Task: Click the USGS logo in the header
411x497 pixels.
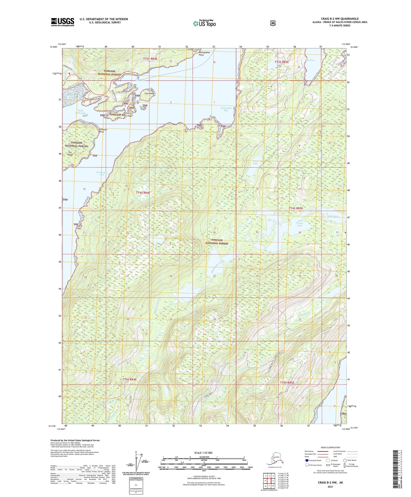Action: coord(62,22)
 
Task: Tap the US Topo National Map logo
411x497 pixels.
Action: coord(204,23)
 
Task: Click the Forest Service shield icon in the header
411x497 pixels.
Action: coord(272,23)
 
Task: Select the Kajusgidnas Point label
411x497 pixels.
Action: coord(205,54)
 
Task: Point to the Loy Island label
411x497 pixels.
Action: coord(149,93)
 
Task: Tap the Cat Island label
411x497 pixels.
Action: coord(70,154)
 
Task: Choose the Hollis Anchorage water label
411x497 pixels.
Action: coord(80,112)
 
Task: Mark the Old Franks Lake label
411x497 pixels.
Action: coord(300,224)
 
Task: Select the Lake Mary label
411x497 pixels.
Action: coord(333,216)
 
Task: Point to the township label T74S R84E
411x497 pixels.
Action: coord(143,193)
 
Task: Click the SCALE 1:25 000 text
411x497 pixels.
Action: coord(203,453)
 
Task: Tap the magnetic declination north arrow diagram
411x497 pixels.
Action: coord(139,460)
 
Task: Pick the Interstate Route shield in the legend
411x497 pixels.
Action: coord(307,460)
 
